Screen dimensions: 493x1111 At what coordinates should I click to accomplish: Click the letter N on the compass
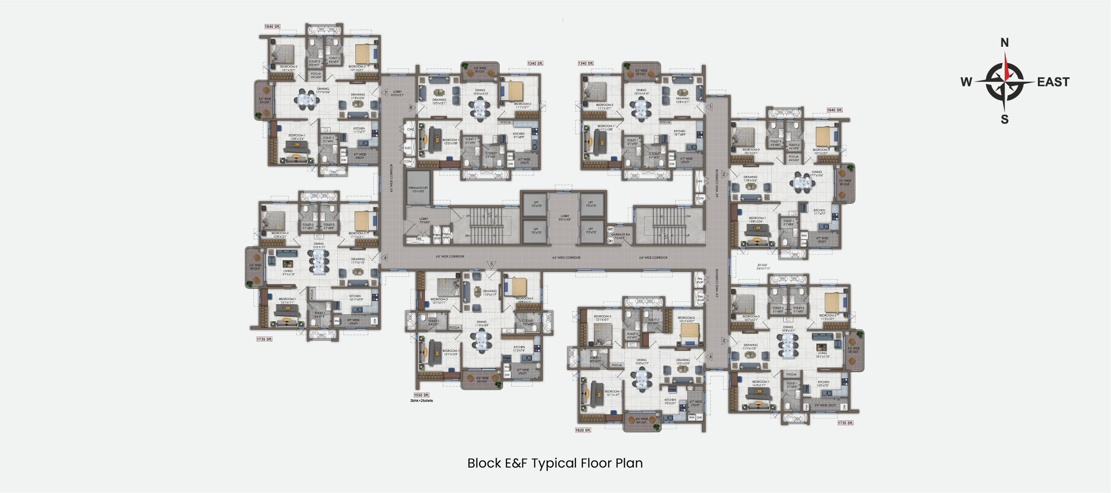1004,43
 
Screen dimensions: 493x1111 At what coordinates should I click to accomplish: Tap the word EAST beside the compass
1053,82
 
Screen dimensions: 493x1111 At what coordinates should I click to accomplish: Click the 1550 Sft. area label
421,395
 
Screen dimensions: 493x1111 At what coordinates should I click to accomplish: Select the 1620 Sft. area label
583,430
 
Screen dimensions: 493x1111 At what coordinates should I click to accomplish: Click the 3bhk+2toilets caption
421,401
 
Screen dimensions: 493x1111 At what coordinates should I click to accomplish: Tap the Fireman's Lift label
418,189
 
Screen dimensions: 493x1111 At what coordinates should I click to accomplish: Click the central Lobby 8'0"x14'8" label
565,218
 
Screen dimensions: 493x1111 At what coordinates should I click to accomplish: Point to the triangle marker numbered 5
491,264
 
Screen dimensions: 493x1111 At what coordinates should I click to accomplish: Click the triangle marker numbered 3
724,341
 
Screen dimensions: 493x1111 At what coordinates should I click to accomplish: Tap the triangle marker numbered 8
411,108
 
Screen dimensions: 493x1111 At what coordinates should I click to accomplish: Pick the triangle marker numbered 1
710,107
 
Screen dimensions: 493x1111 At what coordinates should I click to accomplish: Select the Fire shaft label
700,280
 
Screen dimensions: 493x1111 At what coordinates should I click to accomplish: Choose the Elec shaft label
700,298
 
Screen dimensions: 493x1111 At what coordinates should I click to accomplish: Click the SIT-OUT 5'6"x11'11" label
763,267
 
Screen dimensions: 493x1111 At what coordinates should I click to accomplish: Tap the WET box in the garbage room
610,229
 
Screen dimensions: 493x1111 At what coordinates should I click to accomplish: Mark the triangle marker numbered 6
385,258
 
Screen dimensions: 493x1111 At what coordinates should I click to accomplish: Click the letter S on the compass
1004,119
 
